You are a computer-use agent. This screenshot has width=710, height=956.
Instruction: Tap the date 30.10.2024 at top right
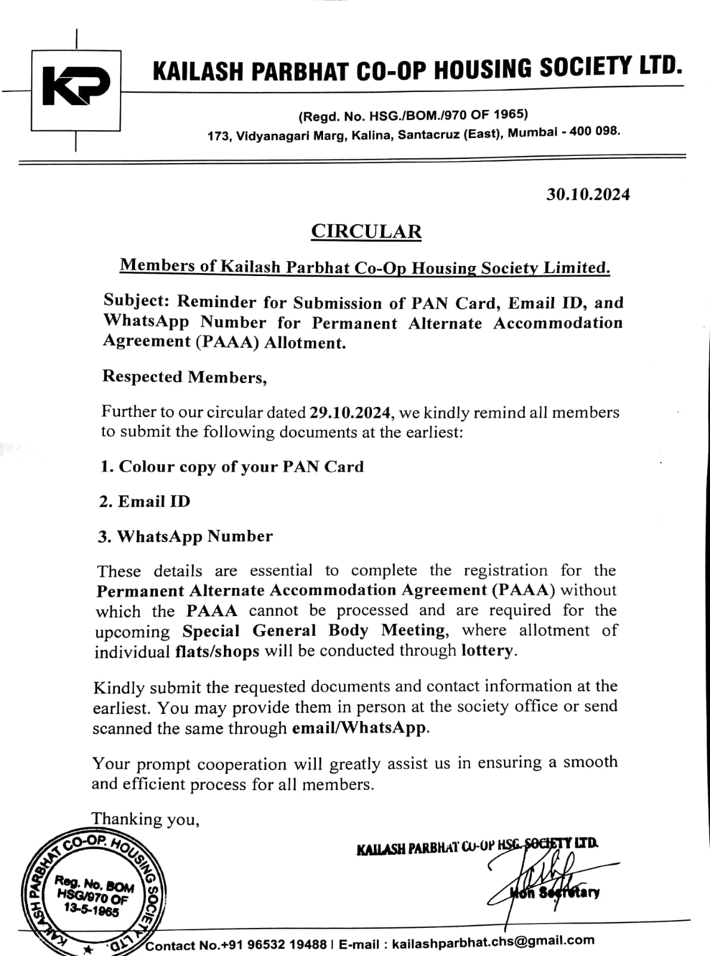(x=588, y=194)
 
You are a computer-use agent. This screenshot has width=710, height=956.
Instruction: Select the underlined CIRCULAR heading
(x=366, y=231)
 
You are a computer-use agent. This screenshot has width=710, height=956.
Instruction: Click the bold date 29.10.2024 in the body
(x=351, y=412)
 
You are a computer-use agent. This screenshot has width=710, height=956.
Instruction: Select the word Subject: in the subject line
(x=137, y=301)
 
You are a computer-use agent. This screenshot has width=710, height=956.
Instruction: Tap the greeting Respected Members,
(x=185, y=377)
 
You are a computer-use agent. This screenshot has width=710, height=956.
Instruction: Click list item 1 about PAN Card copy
(x=232, y=467)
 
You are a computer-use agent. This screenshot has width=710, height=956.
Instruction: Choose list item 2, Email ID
(x=145, y=501)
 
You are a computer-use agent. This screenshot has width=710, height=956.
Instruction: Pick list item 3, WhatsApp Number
(x=186, y=536)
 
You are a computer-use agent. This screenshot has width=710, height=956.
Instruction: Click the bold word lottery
(x=487, y=650)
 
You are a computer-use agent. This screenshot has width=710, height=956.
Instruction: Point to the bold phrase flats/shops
(x=217, y=651)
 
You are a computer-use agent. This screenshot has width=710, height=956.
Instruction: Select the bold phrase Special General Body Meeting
(x=314, y=631)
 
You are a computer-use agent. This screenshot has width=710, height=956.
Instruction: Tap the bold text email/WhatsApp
(x=359, y=728)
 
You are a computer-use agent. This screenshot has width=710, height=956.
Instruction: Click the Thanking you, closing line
(x=145, y=819)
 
